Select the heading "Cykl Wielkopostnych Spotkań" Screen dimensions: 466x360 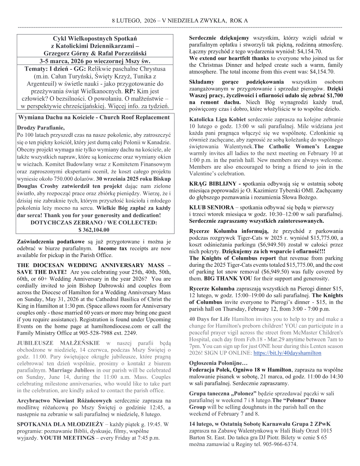click(95, 38)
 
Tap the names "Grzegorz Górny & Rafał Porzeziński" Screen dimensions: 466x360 click(95, 53)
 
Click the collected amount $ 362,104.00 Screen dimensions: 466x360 click(94, 230)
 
